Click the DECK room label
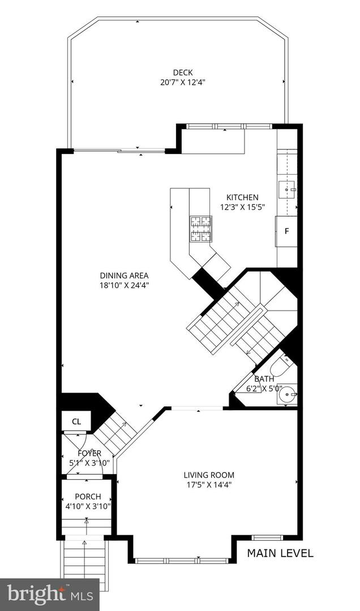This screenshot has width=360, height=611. point(183,72)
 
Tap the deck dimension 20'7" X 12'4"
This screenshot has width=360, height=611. point(183,82)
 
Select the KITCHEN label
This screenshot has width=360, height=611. point(242,197)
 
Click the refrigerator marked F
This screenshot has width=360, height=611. point(286,231)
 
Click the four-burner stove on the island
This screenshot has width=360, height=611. point(200,228)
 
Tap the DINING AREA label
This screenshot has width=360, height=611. point(123,276)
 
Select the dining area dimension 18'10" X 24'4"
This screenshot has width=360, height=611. point(123,286)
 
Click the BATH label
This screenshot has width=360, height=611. point(264,379)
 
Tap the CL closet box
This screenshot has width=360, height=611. point(76,421)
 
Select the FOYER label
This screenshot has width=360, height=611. point(89,453)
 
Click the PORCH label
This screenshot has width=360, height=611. point(88,497)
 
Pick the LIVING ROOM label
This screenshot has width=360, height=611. point(208,475)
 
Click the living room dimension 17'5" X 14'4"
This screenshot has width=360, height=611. point(208,485)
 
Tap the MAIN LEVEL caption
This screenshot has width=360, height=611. point(280,553)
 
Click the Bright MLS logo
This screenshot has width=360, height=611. point(49,594)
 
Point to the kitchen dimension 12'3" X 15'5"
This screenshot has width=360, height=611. point(242,207)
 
